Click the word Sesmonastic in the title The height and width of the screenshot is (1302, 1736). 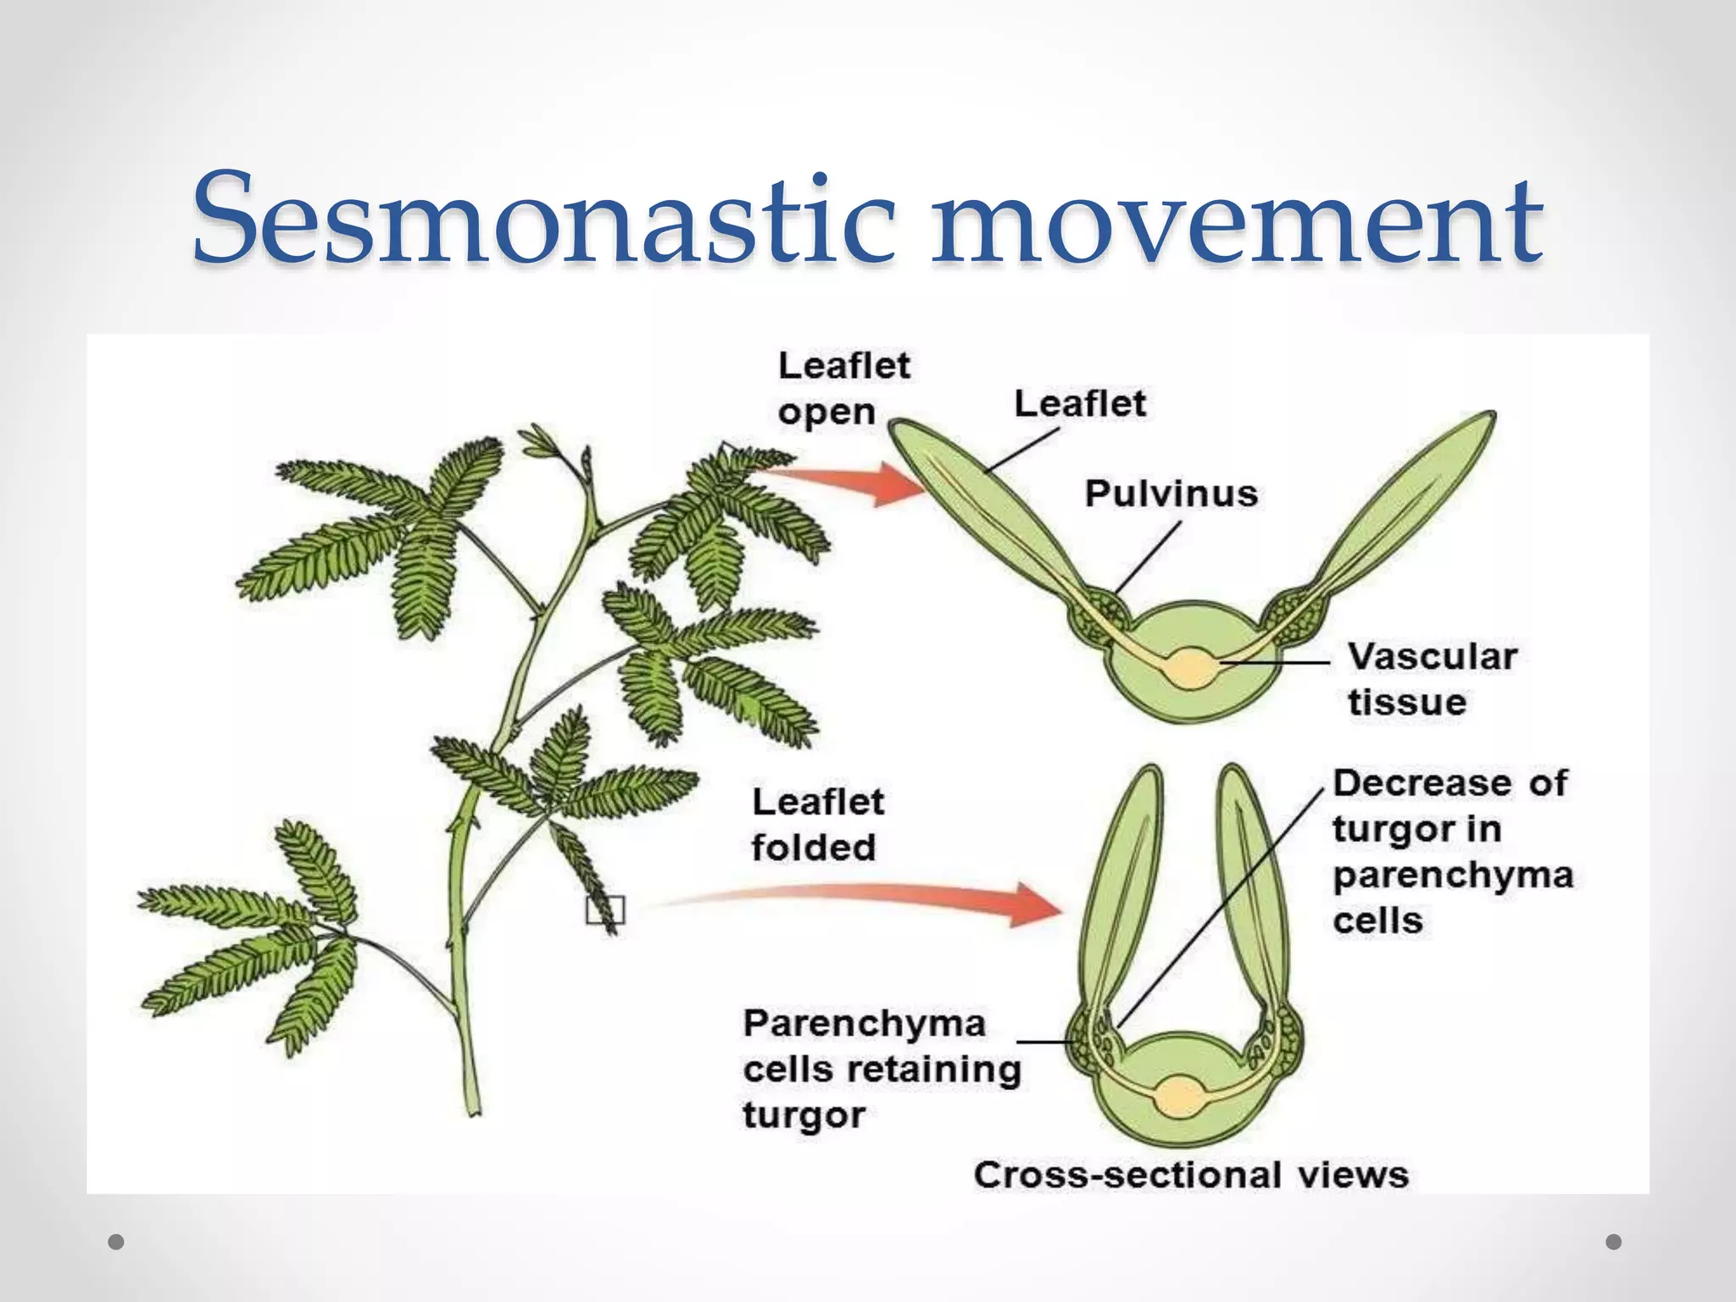click(542, 219)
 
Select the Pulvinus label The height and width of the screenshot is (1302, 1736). click(1171, 493)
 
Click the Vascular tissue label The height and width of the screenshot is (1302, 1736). click(1431, 679)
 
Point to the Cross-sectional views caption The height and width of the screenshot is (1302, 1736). click(1190, 1175)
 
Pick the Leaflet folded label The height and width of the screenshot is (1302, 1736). click(816, 824)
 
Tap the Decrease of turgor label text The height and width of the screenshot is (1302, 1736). click(1451, 850)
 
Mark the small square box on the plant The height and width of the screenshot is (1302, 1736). click(605, 910)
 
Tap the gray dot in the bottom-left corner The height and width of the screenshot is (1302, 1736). click(117, 1242)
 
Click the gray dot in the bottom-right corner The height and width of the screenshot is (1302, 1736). click(1614, 1242)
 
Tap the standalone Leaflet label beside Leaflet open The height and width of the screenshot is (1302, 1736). click(1079, 403)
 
